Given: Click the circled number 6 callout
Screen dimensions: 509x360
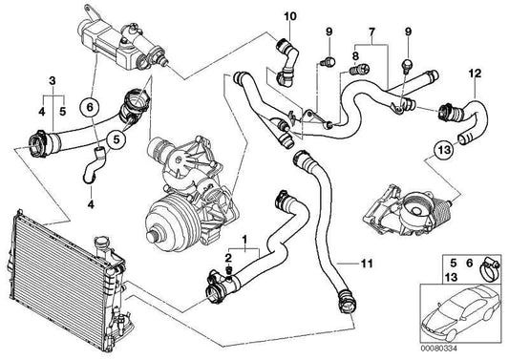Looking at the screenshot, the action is [x=90, y=107].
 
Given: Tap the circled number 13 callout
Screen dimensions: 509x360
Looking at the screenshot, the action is [x=444, y=150].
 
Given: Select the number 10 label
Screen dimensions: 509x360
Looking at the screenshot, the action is [x=290, y=16].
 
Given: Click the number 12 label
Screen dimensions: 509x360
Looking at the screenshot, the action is [x=475, y=74].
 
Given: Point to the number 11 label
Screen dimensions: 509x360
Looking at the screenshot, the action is [x=367, y=264].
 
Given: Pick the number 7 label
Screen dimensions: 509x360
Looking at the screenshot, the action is [x=371, y=32].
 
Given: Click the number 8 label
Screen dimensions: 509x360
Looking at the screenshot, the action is [x=355, y=56].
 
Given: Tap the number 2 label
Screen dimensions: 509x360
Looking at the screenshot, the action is [x=228, y=259].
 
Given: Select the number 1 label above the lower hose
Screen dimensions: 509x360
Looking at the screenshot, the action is [x=244, y=241].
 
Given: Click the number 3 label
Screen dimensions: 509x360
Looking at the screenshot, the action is [x=53, y=81].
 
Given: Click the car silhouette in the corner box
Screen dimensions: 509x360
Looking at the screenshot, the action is [x=459, y=312].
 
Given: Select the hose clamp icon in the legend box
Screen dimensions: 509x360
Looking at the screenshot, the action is [x=489, y=268].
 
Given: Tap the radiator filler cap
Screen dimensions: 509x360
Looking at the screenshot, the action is [x=100, y=244].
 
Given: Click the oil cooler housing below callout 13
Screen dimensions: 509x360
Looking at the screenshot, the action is [x=408, y=211].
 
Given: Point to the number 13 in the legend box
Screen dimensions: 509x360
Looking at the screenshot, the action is [x=451, y=277].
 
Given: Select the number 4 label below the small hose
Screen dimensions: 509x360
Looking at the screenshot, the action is [x=91, y=204].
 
